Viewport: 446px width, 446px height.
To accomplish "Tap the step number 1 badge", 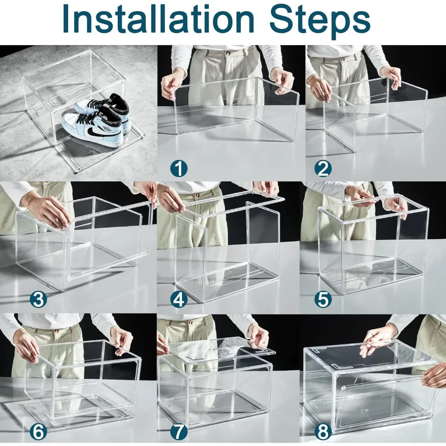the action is [x=179, y=169].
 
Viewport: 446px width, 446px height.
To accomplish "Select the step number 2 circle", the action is [x=323, y=169].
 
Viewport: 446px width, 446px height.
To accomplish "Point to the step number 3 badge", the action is [x=38, y=299].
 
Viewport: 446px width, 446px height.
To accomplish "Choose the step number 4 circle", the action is [x=179, y=299].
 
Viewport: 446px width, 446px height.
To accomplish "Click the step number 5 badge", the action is [x=323, y=299].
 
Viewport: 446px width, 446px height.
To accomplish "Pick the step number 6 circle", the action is [x=38, y=431].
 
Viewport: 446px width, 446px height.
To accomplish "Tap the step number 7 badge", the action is [x=179, y=431].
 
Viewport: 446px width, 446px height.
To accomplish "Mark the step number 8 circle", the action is [x=323, y=431].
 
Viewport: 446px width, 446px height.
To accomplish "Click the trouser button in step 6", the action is [x=60, y=332].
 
